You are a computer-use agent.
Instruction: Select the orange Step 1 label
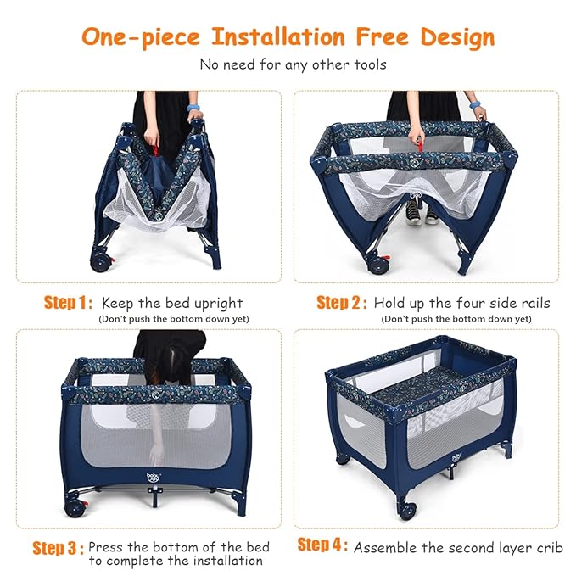[x=69, y=303]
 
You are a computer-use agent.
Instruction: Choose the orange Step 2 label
[x=342, y=303]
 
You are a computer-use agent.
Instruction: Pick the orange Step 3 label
[x=58, y=548]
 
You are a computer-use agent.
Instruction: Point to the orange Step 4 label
[x=322, y=544]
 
